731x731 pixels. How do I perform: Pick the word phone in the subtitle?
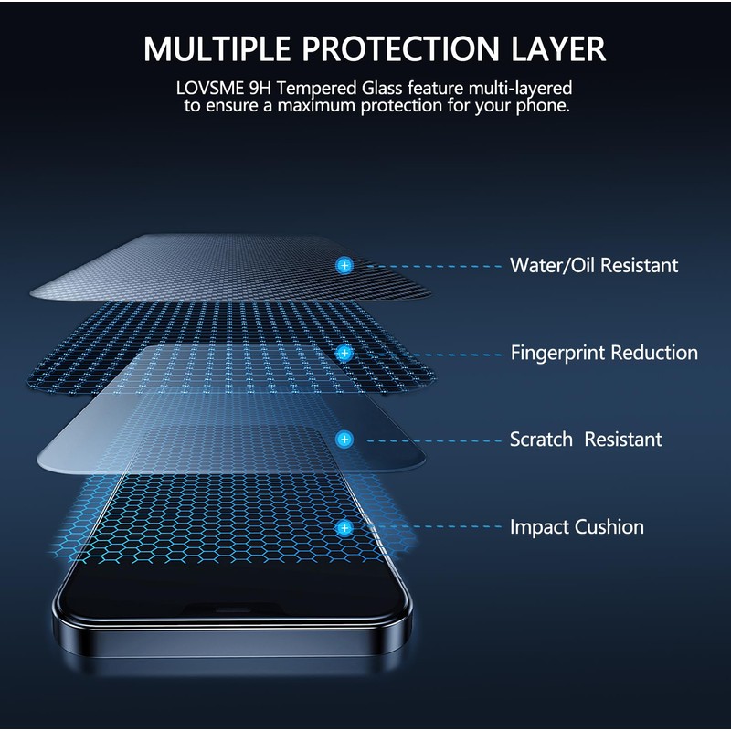click(x=545, y=107)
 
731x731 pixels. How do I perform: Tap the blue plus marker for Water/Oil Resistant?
click(x=344, y=265)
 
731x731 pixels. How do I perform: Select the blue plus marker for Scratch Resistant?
click(x=344, y=440)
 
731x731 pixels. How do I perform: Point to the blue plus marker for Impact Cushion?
click(x=344, y=527)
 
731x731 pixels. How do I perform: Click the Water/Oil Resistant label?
click(x=594, y=266)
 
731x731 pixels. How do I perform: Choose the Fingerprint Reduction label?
click(x=604, y=353)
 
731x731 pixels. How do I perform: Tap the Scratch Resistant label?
click(x=586, y=440)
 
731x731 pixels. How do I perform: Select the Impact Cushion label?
click(x=577, y=527)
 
